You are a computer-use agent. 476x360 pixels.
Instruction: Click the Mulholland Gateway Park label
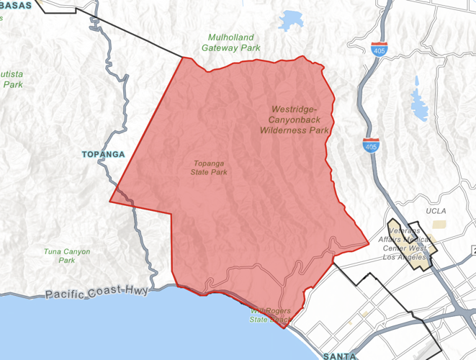click(234, 42)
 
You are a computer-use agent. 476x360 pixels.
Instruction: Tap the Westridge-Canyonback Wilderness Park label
click(294, 120)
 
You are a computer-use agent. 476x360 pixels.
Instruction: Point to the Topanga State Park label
click(209, 168)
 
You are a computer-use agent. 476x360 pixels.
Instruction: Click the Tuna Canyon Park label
click(66, 256)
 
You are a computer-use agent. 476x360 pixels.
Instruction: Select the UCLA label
click(436, 211)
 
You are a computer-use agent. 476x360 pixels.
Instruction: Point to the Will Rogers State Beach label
click(271, 315)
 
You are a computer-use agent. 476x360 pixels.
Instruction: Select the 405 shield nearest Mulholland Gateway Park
click(379, 50)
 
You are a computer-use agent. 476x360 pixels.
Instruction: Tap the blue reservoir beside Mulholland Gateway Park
click(292, 20)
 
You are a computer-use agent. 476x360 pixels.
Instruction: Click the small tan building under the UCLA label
click(439, 224)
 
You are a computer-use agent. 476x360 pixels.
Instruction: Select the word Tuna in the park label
click(53, 251)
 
